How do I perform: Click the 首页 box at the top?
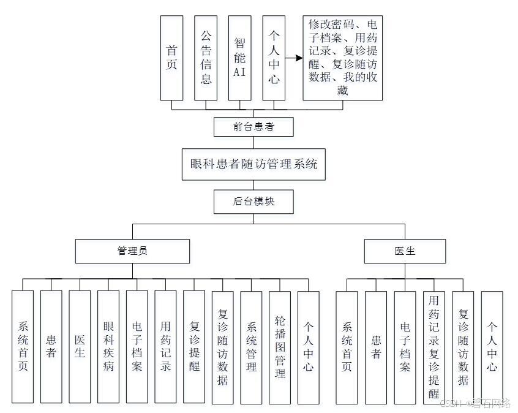tap(171, 58)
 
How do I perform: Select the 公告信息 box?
tap(206, 58)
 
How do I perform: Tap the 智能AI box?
tap(239, 58)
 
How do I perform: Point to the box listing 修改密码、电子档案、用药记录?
tap(342, 58)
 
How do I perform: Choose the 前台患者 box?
tap(253, 127)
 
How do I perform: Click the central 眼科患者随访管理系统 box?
tap(253, 164)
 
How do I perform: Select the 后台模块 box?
tap(253, 201)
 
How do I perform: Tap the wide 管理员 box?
tap(132, 251)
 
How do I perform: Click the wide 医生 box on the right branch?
tap(405, 251)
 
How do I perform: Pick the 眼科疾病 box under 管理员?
tap(108, 346)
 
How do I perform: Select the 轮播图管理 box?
tap(280, 346)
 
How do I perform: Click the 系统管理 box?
tap(251, 346)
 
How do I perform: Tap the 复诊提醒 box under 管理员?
tap(194, 346)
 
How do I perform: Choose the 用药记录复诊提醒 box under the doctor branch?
tap(434, 347)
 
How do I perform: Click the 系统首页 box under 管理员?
tap(23, 346)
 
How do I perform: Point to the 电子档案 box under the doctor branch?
tap(405, 347)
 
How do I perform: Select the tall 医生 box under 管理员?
tap(80, 346)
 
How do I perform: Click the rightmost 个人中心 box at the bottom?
tap(492, 347)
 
